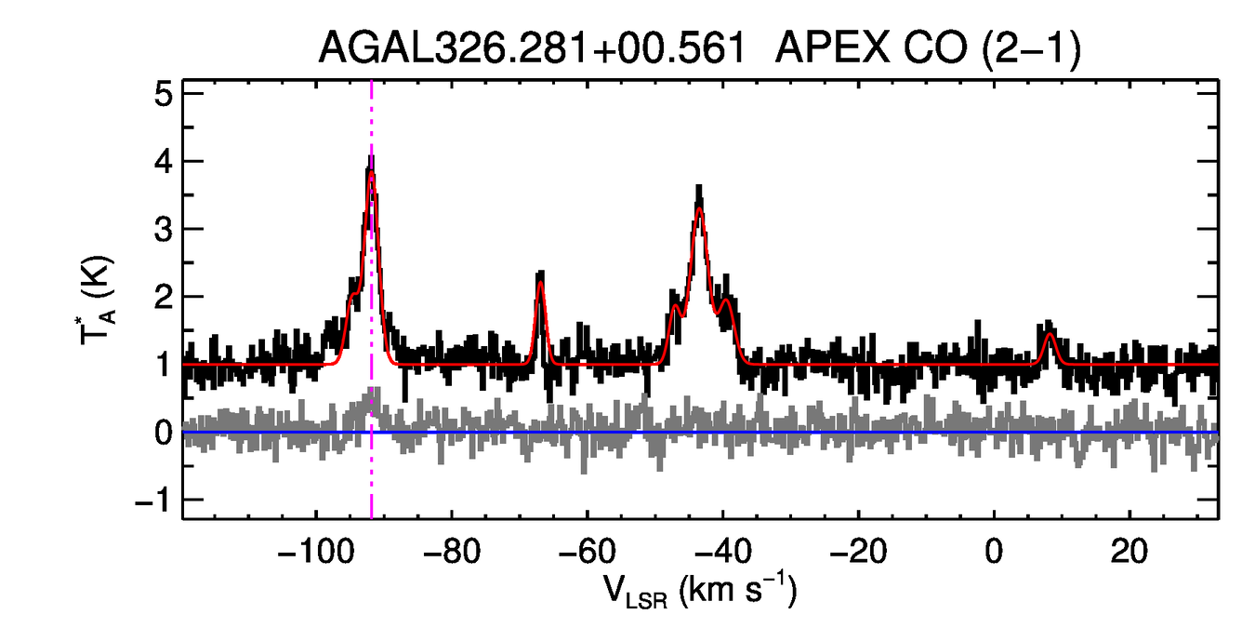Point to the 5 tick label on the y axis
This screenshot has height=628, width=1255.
(164, 94)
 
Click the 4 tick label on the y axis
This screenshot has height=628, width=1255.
(164, 162)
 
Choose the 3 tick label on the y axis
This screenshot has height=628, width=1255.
(164, 230)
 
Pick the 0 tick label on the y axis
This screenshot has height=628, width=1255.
(164, 434)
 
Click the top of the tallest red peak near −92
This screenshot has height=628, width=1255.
(371, 173)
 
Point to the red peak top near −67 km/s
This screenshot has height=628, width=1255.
(540, 283)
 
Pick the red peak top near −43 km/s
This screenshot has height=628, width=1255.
(699, 208)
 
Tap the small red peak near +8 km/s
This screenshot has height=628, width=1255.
(1050, 333)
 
